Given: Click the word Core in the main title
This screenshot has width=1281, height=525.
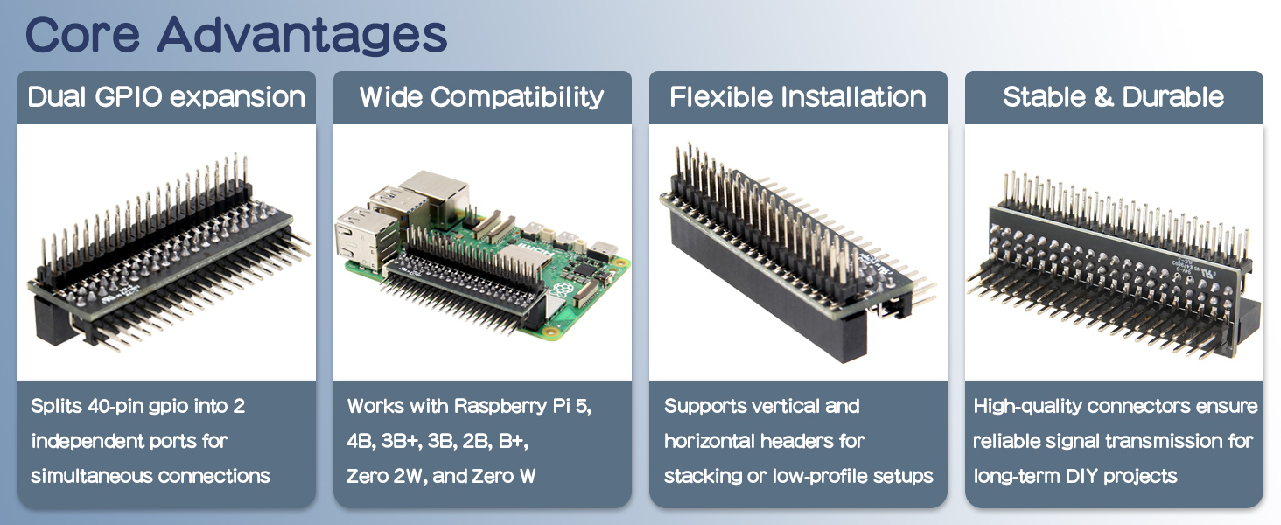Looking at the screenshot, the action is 82,35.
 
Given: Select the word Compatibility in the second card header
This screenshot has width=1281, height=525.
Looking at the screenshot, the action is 517,97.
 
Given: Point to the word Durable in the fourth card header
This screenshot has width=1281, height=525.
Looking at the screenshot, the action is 1172,96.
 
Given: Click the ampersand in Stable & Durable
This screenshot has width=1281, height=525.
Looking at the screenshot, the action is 1103,97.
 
